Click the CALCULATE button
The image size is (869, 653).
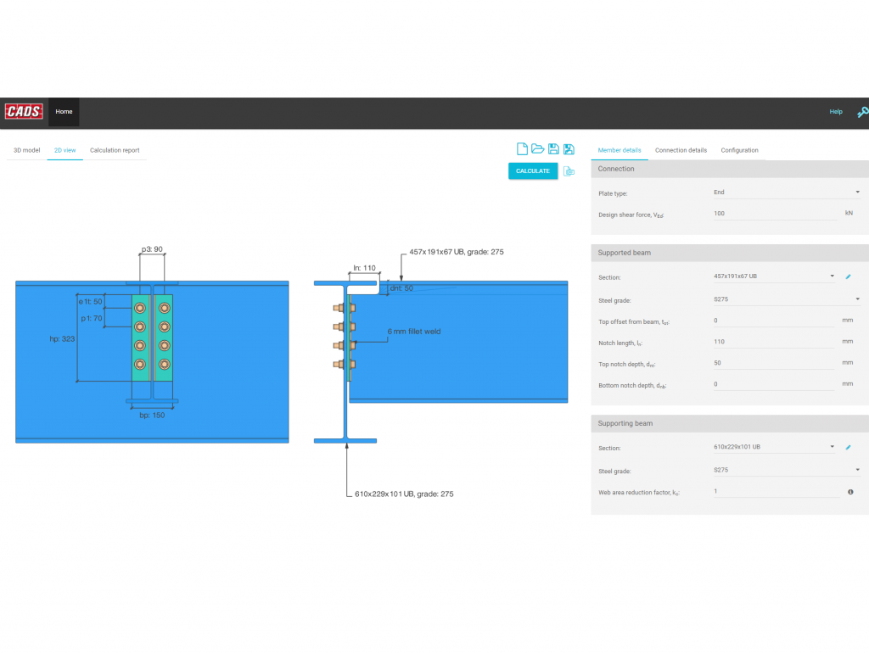click(x=533, y=171)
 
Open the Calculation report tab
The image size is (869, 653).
click(x=115, y=150)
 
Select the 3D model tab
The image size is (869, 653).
click(x=25, y=150)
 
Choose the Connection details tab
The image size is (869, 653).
click(x=681, y=150)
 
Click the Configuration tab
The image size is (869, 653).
click(x=739, y=150)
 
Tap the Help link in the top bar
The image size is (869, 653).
click(x=836, y=112)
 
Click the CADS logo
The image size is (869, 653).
click(x=24, y=111)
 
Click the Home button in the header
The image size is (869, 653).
click(x=64, y=111)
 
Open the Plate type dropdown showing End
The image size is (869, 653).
click(x=786, y=193)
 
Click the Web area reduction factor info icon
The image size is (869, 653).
click(x=850, y=492)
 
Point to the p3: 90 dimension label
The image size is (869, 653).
click(x=152, y=250)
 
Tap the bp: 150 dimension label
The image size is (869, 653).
click(x=152, y=416)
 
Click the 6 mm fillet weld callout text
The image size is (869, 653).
click(x=414, y=332)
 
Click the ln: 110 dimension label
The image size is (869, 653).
click(x=364, y=268)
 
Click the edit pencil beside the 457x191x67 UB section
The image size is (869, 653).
click(x=848, y=277)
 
